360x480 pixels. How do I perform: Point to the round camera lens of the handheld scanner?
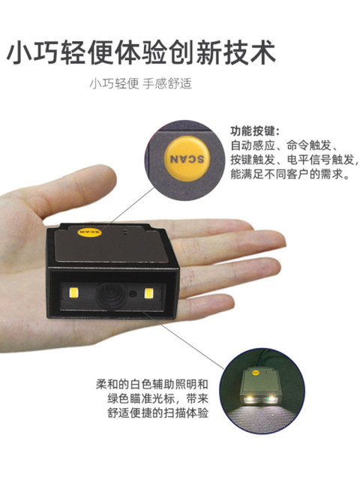click(x=110, y=295)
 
